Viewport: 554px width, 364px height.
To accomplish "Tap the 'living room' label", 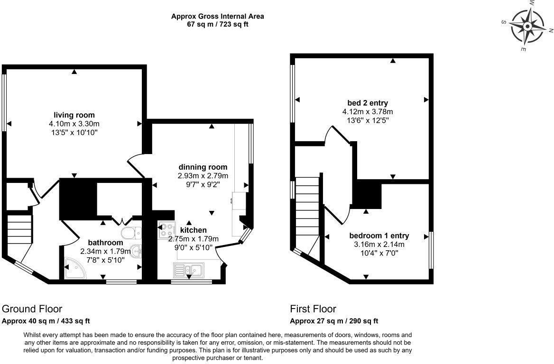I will tap(74, 115).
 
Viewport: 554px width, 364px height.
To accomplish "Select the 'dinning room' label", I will tap(203, 167).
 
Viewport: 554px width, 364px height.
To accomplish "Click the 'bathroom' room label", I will tap(105, 243).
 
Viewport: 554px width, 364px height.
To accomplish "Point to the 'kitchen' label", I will tap(194, 230).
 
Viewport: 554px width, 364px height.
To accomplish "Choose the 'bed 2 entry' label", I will tap(368, 103).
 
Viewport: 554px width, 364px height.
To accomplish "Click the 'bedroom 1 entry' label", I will tap(379, 236).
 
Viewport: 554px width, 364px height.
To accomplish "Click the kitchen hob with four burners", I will tap(166, 231).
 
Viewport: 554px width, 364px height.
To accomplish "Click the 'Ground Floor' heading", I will tap(32, 309).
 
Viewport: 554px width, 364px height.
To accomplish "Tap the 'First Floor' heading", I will tap(313, 309).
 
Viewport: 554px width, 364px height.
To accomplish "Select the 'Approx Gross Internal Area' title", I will tap(218, 16).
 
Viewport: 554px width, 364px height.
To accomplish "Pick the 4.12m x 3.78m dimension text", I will tap(368, 112).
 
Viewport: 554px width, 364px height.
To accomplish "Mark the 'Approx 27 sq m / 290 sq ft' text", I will tap(334, 321).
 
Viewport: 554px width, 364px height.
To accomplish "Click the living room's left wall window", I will tap(4, 101).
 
